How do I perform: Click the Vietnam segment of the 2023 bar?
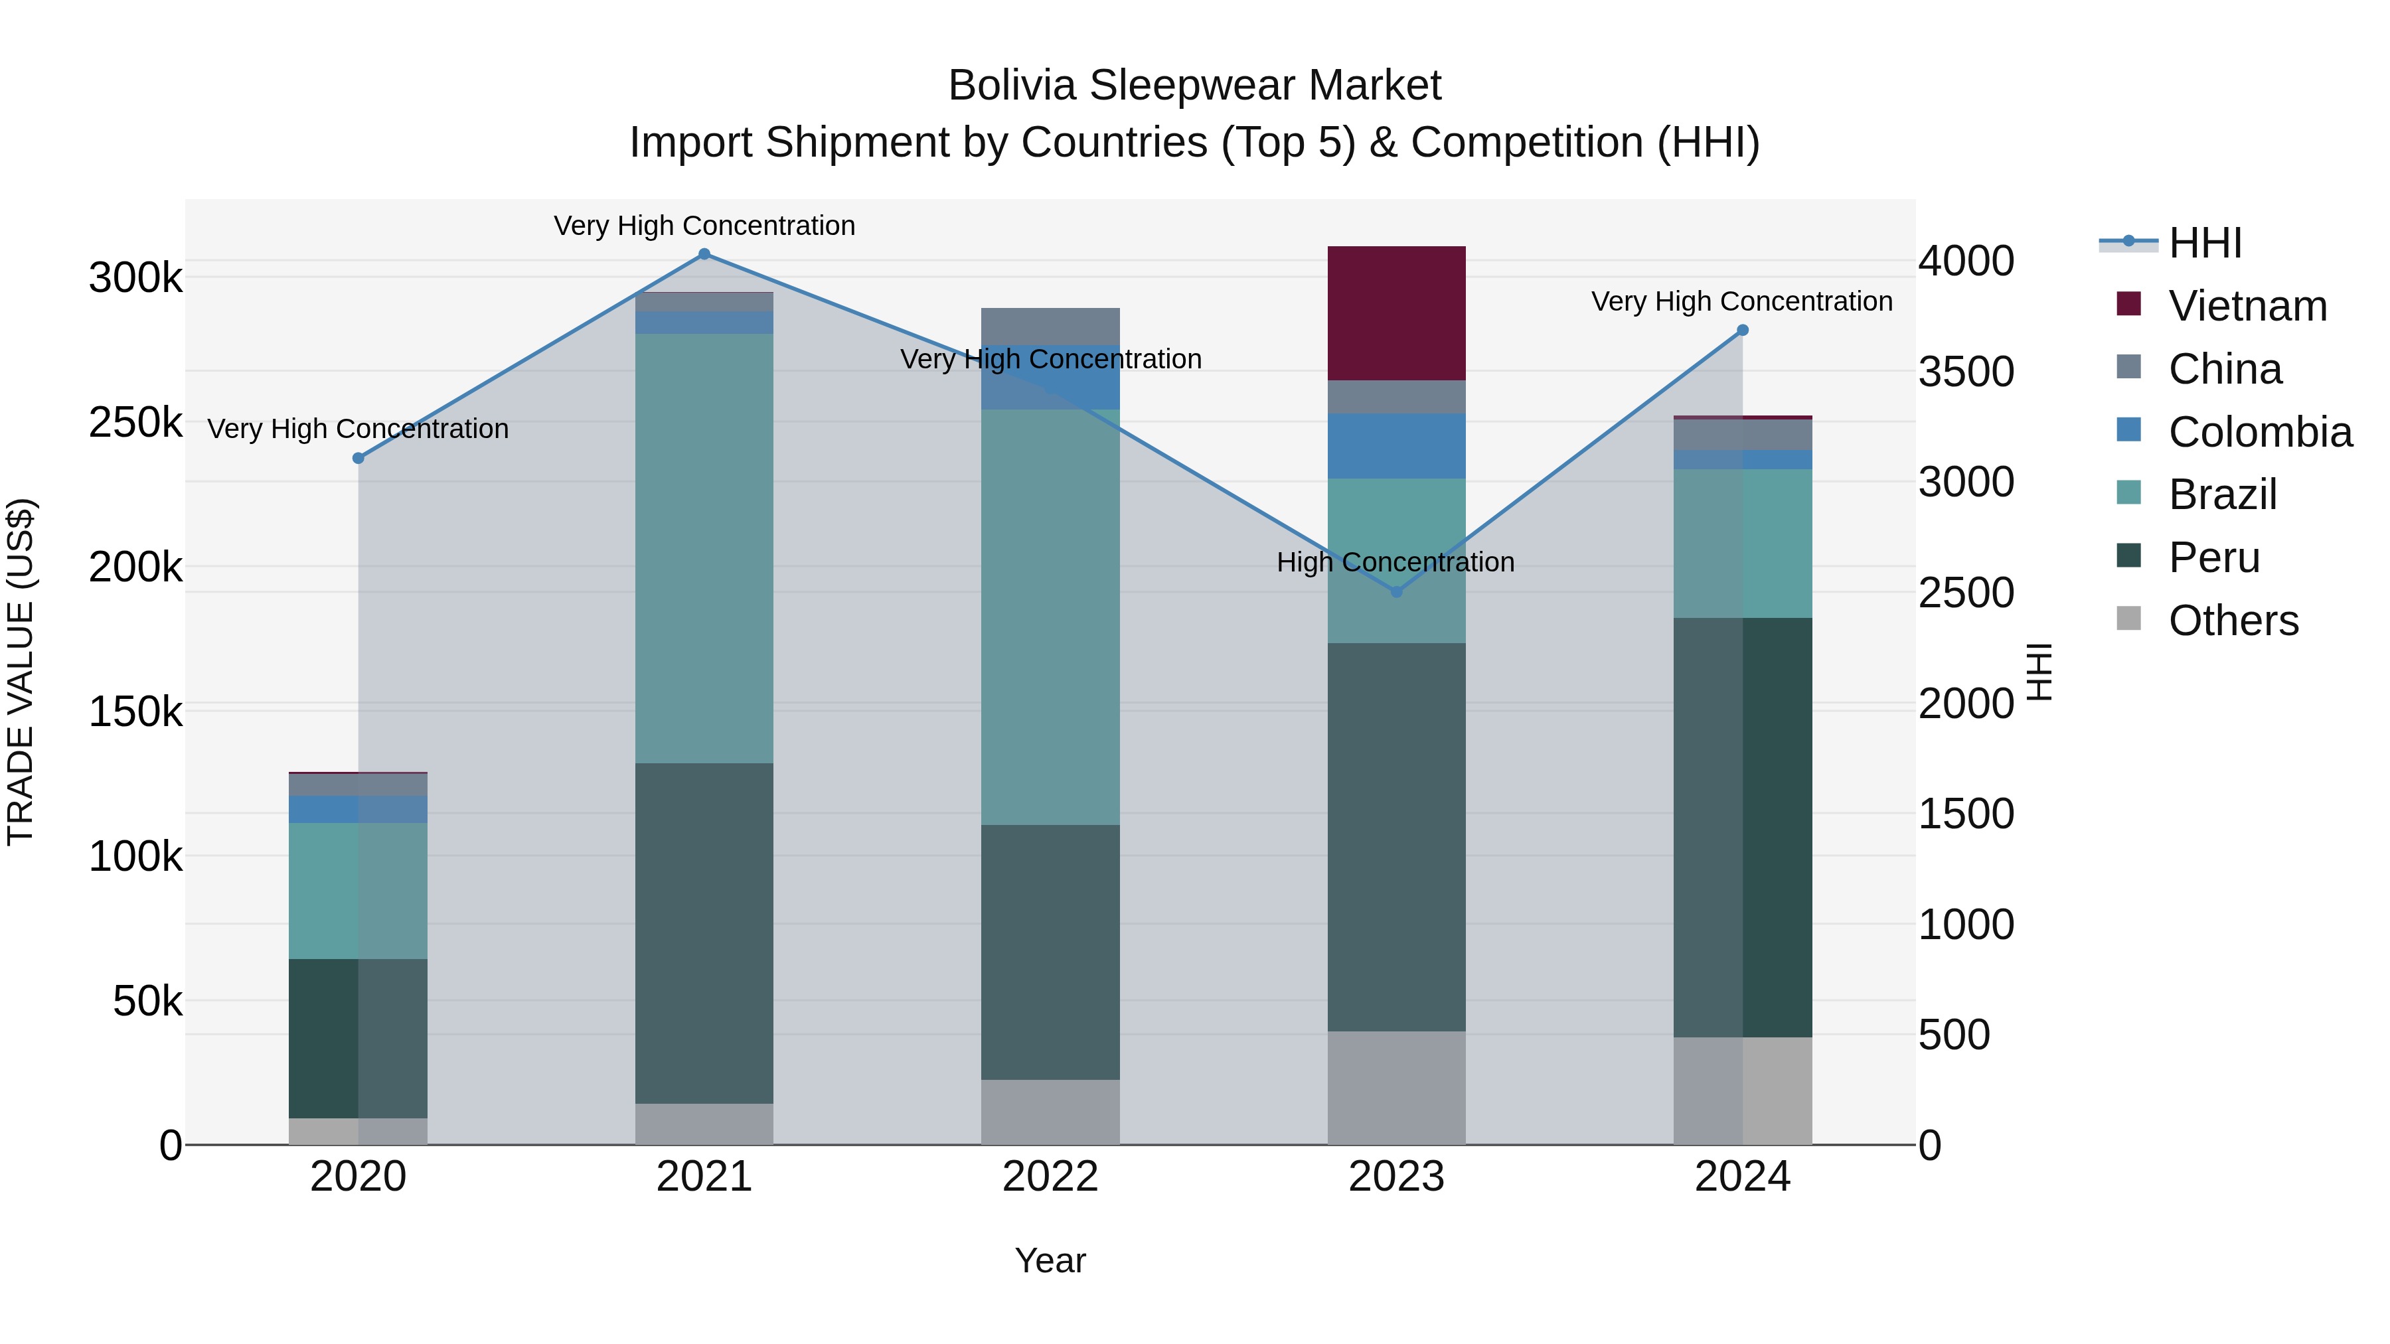(x=1396, y=313)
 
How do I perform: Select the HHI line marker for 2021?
(x=704, y=254)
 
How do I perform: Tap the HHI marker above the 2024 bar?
(x=1743, y=331)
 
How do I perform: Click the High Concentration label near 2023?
(x=1395, y=562)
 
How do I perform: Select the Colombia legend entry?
(x=2260, y=432)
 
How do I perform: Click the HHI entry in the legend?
(x=2204, y=243)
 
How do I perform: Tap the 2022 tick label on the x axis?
(x=1050, y=1177)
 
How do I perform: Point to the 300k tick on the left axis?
(x=135, y=277)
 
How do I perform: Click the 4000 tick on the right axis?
(x=1966, y=261)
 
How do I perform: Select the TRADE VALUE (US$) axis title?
(x=21, y=672)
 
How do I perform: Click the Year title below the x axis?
(x=1050, y=1260)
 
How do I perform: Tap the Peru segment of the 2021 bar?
(x=704, y=933)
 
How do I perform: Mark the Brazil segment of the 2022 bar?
(x=1050, y=617)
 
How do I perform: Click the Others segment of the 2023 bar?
(x=1396, y=1087)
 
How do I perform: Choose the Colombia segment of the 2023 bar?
(x=1396, y=446)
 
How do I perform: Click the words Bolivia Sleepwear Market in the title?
(x=1194, y=86)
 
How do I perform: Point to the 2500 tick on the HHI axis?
(x=1966, y=593)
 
